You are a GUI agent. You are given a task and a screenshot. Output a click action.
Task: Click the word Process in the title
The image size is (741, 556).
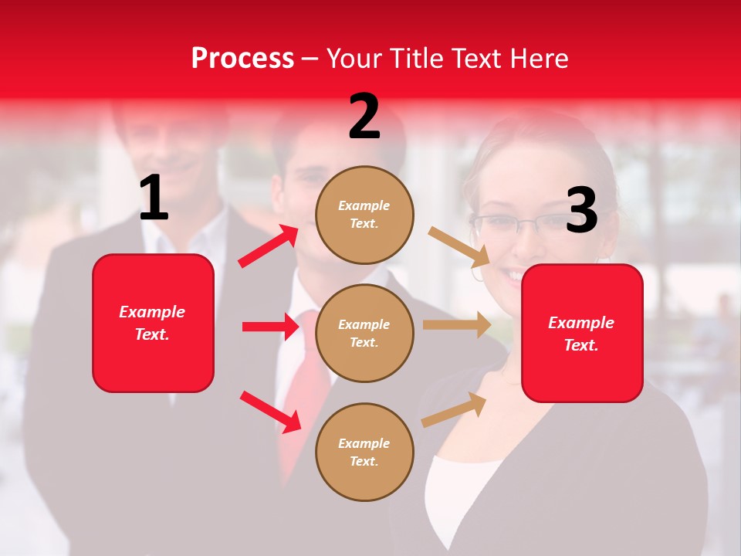[242, 59]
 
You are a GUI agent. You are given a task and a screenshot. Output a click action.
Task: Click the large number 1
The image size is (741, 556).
[154, 198]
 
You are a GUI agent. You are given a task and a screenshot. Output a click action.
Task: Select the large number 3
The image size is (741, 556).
[581, 210]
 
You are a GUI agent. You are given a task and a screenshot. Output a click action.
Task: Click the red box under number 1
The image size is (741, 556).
[153, 323]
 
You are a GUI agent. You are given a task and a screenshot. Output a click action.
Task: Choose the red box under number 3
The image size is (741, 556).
[582, 334]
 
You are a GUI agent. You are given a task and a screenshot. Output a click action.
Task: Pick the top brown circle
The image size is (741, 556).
[364, 215]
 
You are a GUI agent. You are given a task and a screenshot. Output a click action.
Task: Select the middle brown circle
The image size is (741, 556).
[364, 334]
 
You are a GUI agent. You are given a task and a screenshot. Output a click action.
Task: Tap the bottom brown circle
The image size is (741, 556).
[364, 453]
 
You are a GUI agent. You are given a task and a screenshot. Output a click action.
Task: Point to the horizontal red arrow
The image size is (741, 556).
[270, 327]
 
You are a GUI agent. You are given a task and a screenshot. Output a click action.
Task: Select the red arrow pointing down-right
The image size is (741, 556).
[270, 411]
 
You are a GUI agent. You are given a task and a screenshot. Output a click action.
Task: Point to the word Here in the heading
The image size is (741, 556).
[539, 59]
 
